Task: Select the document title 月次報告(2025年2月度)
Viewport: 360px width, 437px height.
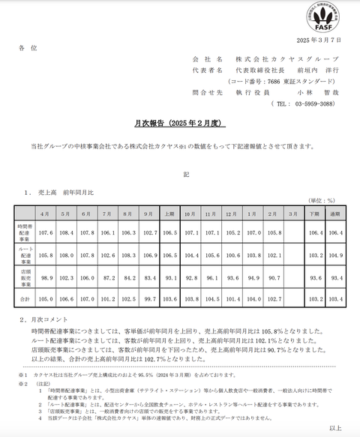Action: (180, 122)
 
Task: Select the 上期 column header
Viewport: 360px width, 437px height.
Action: (169, 214)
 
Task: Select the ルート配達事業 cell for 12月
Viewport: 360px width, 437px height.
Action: (232, 256)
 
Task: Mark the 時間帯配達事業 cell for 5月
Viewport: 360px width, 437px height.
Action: (66, 233)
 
